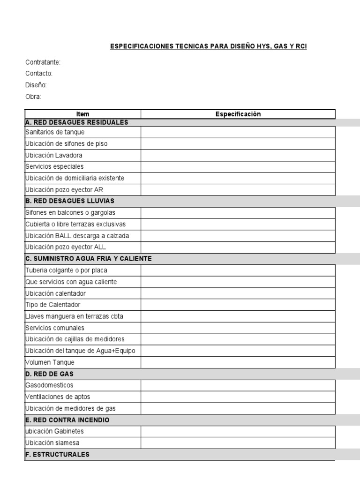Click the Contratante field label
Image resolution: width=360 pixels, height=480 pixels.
coord(43,62)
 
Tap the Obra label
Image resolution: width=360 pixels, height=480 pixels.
coord(33,97)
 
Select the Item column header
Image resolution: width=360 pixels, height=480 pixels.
coord(82,114)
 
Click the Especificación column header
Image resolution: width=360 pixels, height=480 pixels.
coord(238,114)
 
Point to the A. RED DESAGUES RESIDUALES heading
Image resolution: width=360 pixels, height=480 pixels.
coord(77,122)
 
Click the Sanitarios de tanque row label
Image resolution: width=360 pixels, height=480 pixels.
coord(55,132)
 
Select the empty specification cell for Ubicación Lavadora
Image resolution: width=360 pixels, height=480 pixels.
coord(238,155)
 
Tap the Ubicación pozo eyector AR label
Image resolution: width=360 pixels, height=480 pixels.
coord(64,190)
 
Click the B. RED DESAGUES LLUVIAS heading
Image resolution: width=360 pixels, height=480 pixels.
coord(70,201)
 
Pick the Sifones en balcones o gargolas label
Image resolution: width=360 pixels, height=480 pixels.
coord(70,213)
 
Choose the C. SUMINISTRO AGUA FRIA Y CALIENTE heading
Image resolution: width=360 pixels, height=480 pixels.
coord(89,259)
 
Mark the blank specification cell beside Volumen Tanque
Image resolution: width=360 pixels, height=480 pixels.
coord(238,362)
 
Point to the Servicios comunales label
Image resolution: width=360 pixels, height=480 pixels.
coord(55,328)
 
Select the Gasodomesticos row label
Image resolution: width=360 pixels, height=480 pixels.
coord(49,385)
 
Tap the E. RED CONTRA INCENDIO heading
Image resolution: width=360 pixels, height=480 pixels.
coord(67,420)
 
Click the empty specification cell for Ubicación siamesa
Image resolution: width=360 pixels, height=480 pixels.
coord(238,443)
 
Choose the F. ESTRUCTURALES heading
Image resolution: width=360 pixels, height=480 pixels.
coord(57,454)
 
